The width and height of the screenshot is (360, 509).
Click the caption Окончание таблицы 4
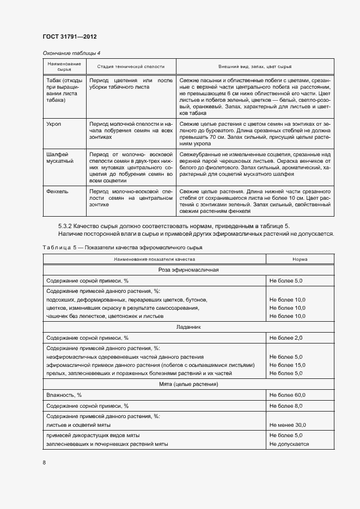click(71, 53)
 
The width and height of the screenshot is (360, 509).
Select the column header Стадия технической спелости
click(130, 66)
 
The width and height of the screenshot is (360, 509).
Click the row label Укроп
click(54, 125)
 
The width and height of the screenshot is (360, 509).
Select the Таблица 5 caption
click(115, 248)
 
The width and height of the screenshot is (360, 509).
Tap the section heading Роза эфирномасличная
click(188, 270)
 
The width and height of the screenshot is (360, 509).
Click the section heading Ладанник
click(189, 328)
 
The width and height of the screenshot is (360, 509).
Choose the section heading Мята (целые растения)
click(189, 384)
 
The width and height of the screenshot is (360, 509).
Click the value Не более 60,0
click(287, 395)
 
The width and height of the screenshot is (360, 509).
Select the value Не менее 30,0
click(287, 425)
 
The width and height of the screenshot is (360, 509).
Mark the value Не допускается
click(289, 444)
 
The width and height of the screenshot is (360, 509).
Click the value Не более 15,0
click(287, 365)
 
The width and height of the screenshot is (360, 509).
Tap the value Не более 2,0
click(285, 338)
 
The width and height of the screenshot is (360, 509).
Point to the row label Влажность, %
click(64, 395)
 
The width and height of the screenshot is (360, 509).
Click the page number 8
click(44, 463)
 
